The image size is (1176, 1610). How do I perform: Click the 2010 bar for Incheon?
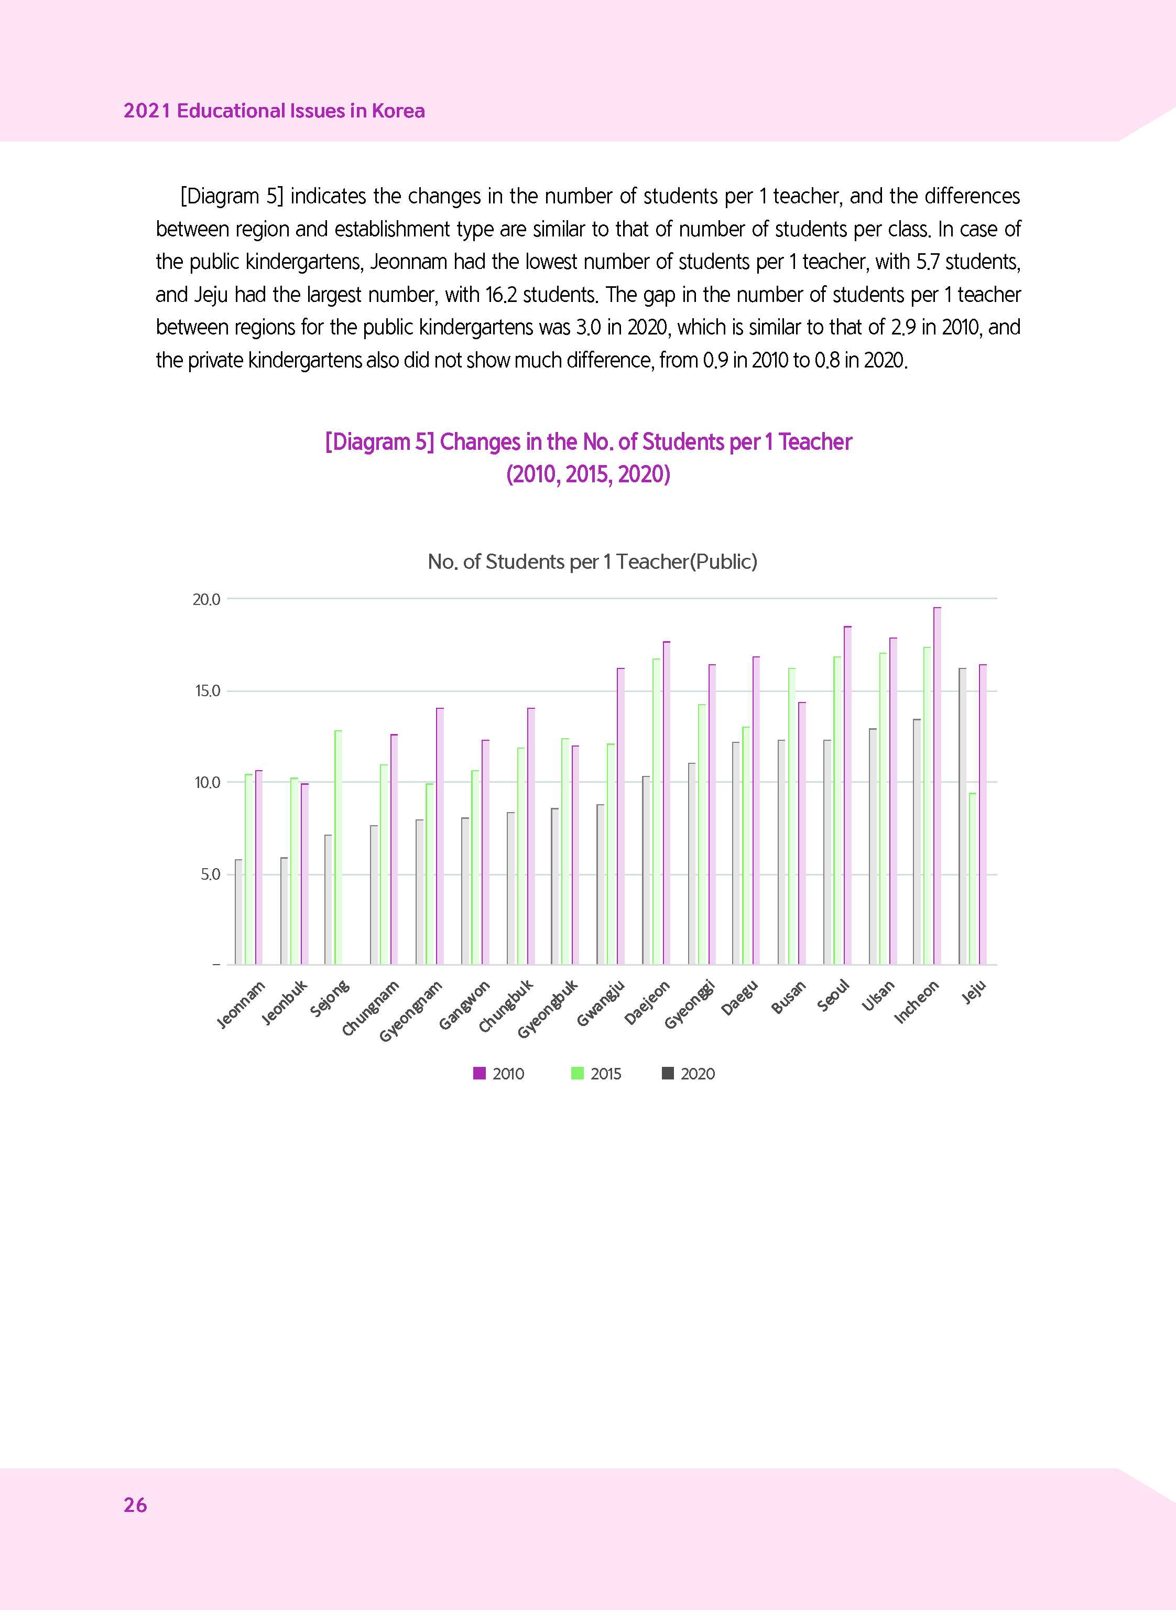[x=937, y=786]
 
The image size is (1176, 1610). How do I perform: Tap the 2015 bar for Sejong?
[x=338, y=847]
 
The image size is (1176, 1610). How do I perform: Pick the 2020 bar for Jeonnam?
[x=238, y=912]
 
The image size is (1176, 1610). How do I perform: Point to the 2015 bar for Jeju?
[x=973, y=879]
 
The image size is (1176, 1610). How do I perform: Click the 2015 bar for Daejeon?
[x=656, y=812]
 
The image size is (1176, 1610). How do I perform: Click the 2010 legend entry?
[x=499, y=1074]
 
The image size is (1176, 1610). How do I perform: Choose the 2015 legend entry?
[x=596, y=1074]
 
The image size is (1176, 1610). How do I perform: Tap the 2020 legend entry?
[x=689, y=1074]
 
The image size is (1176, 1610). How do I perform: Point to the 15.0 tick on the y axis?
[x=207, y=691]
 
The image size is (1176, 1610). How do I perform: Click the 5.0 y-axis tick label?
[x=210, y=874]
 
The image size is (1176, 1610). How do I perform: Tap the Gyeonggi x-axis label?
[x=689, y=1004]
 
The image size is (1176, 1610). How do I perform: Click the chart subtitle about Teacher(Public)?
[x=592, y=562]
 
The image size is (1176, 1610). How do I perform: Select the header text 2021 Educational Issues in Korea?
[x=274, y=111]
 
